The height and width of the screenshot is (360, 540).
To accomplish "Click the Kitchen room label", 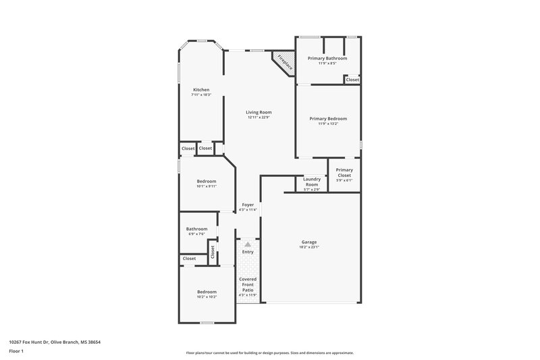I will click(x=201, y=90).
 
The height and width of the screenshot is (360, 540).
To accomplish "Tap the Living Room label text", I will click(x=259, y=112).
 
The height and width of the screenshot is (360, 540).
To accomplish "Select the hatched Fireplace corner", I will click(x=284, y=63).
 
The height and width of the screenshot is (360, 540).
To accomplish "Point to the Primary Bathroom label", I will click(x=327, y=59).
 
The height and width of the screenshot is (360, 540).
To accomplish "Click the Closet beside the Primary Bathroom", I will click(x=352, y=80).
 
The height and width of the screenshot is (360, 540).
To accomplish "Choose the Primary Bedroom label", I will click(x=327, y=119).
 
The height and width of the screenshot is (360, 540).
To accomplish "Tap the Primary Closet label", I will click(x=344, y=173).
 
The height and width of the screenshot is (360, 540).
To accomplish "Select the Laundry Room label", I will click(x=311, y=182).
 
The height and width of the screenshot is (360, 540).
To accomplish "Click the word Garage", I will click(x=309, y=242).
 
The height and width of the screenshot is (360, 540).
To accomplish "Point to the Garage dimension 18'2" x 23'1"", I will click(x=309, y=247).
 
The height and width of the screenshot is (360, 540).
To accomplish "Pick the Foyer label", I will click(x=248, y=205).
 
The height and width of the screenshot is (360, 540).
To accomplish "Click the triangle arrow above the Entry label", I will click(x=248, y=245).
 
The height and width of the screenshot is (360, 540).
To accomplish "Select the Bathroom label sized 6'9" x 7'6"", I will click(x=197, y=229).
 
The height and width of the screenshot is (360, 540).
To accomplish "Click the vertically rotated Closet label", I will click(x=212, y=252).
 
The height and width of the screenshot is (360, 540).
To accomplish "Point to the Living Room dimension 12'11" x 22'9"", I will click(x=259, y=118).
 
